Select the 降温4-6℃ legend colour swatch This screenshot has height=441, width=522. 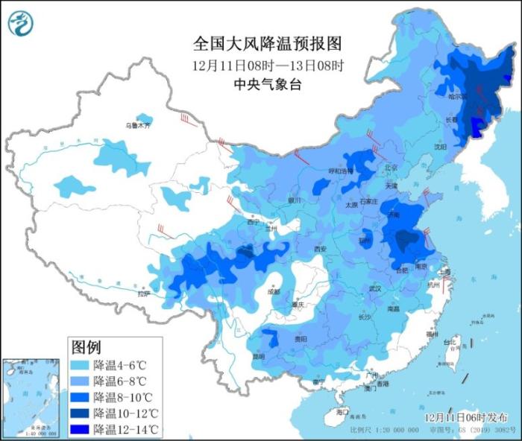click(80, 365)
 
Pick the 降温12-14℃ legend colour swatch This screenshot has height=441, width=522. click(80, 428)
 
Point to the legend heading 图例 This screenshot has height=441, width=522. click(85, 347)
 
